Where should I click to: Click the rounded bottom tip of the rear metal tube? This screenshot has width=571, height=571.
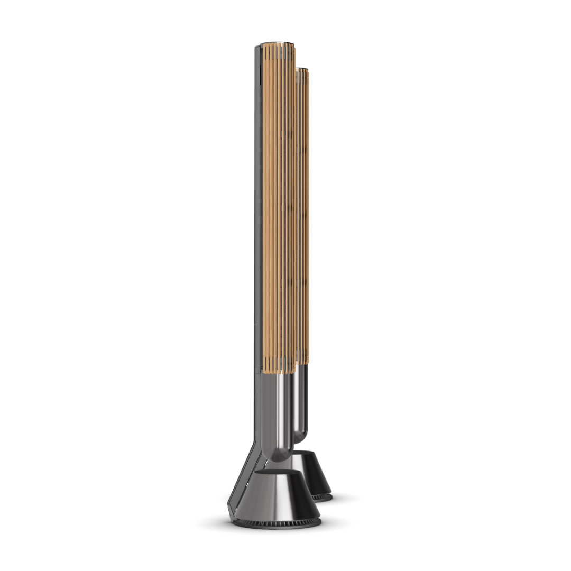300,439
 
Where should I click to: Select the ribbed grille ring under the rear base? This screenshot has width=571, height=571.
323,497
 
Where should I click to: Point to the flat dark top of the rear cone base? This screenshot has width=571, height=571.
312,455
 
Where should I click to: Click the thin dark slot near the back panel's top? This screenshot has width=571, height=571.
261,74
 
